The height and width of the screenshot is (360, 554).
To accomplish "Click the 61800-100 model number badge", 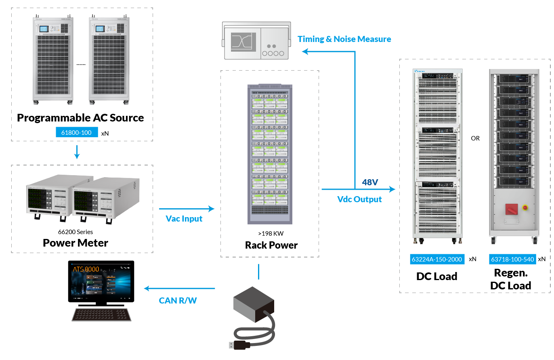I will pos(77,132).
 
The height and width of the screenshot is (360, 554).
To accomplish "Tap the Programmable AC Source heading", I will pos(80,118).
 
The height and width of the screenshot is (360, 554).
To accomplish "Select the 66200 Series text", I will pos(76,232).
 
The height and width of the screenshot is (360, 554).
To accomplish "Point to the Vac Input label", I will pos(184,218).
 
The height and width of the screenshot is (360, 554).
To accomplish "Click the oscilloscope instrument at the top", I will pos(256,41).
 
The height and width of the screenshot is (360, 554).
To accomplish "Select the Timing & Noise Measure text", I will pos(344,39).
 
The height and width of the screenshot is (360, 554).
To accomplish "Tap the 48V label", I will pos(370,182).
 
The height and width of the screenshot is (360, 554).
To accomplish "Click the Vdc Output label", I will pos(359,199).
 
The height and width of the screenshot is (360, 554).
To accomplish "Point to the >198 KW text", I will pos(271,233).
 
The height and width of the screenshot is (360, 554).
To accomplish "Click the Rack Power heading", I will pos(271,245).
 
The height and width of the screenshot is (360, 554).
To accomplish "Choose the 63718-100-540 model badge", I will pos(512,259).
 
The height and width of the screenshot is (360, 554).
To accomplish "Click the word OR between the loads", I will pos(475,138).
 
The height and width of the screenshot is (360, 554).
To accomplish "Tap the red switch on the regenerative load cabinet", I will pos(511,209).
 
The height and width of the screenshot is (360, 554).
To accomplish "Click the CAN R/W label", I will pos(178,300).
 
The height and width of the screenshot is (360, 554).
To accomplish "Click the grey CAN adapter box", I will pos(253,303).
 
